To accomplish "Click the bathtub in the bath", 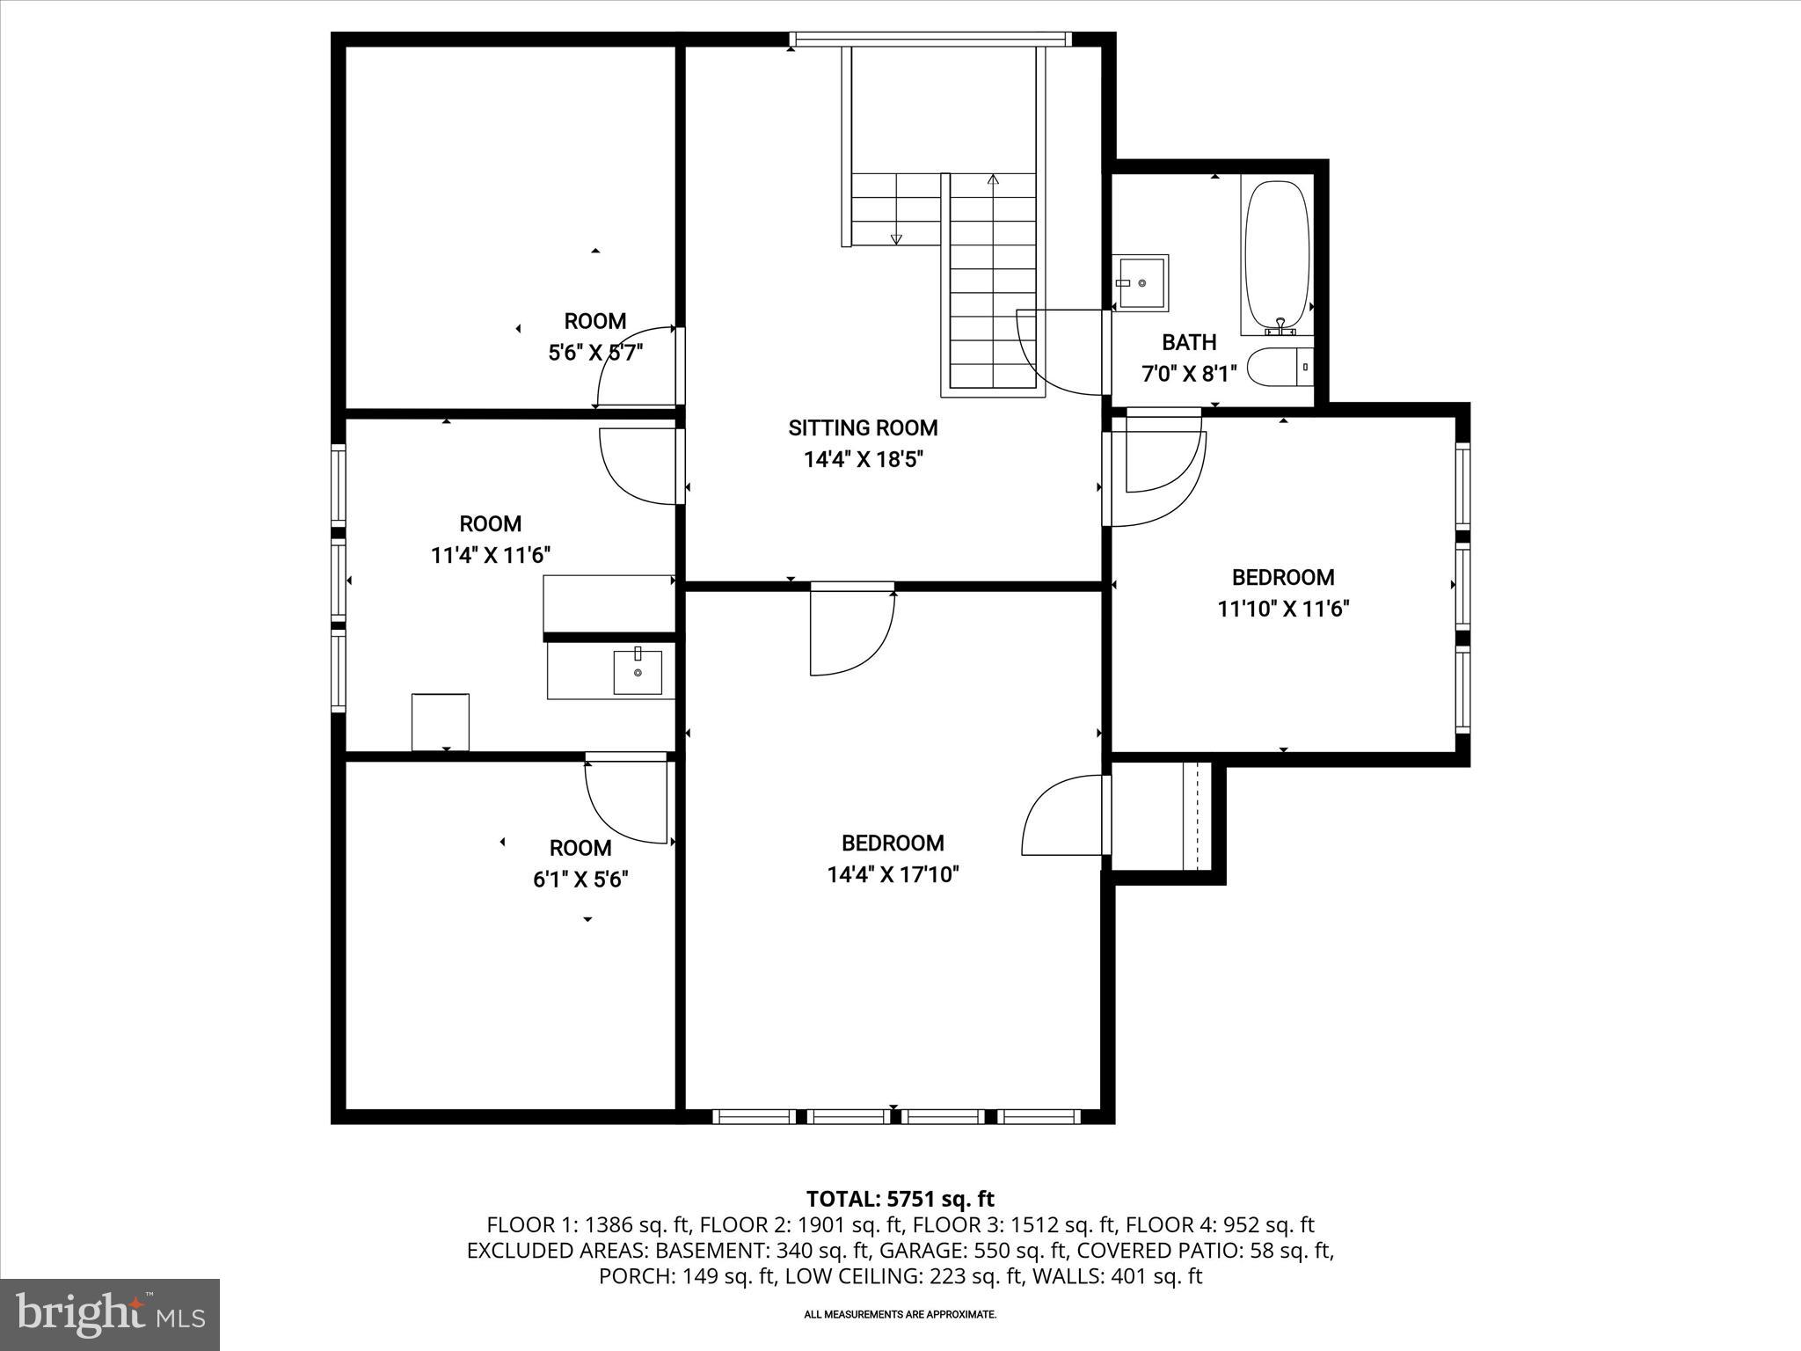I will [x=1277, y=255].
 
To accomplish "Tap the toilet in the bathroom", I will [x=1280, y=368].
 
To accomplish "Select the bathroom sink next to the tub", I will [x=1141, y=282].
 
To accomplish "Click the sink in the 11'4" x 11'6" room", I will [x=638, y=673].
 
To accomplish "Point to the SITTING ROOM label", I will [x=863, y=428].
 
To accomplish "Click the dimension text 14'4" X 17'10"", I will [x=893, y=874].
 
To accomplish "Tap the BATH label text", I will [x=1189, y=342].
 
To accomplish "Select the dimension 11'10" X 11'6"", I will [x=1283, y=609].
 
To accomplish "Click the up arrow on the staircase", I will [x=994, y=181].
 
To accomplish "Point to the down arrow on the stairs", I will [x=896, y=237].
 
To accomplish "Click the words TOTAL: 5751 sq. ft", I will [x=900, y=1199].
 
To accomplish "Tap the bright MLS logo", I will [x=110, y=1315].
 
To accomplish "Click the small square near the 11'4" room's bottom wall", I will [x=440, y=721].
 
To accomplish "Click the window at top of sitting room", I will [x=930, y=39].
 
